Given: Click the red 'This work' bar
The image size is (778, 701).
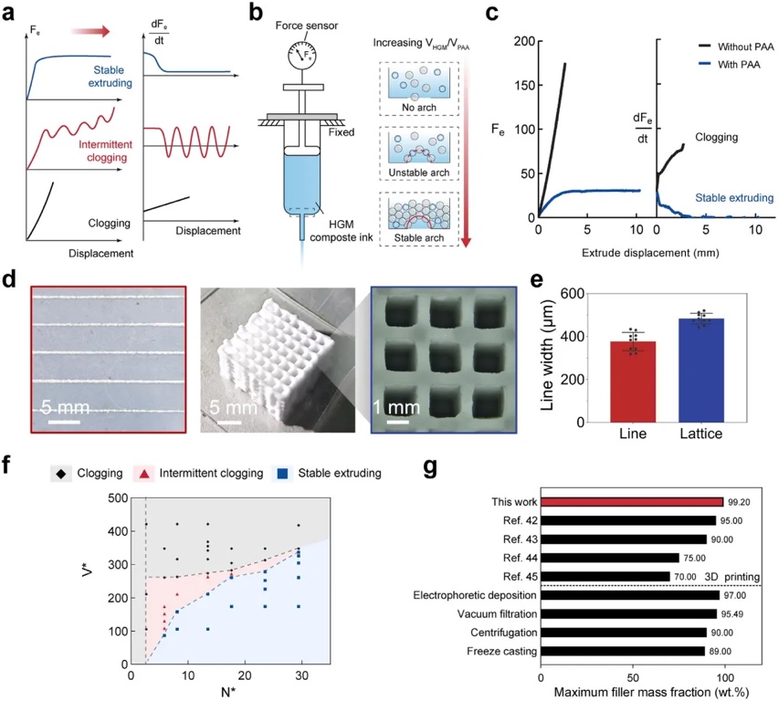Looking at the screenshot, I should (632, 502).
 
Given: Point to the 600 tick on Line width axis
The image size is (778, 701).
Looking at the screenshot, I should (574, 294).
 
